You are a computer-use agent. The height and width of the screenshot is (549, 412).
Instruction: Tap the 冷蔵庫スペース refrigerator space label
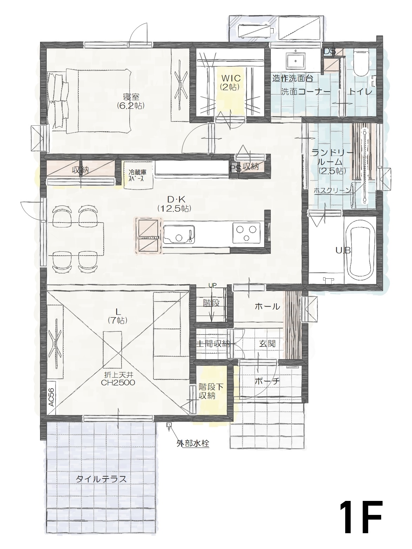coord(137,174)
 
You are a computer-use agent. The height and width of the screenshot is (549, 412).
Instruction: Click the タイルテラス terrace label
coord(101,479)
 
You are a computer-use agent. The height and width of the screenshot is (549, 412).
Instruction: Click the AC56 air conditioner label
coord(51,396)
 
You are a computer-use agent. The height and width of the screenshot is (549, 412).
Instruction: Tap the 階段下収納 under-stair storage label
coord(211,391)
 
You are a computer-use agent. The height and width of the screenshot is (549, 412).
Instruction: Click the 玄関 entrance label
coord(267,344)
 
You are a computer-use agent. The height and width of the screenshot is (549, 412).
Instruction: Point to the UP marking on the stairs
coord(212,285)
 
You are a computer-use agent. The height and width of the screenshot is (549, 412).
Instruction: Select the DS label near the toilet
coord(329,51)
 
